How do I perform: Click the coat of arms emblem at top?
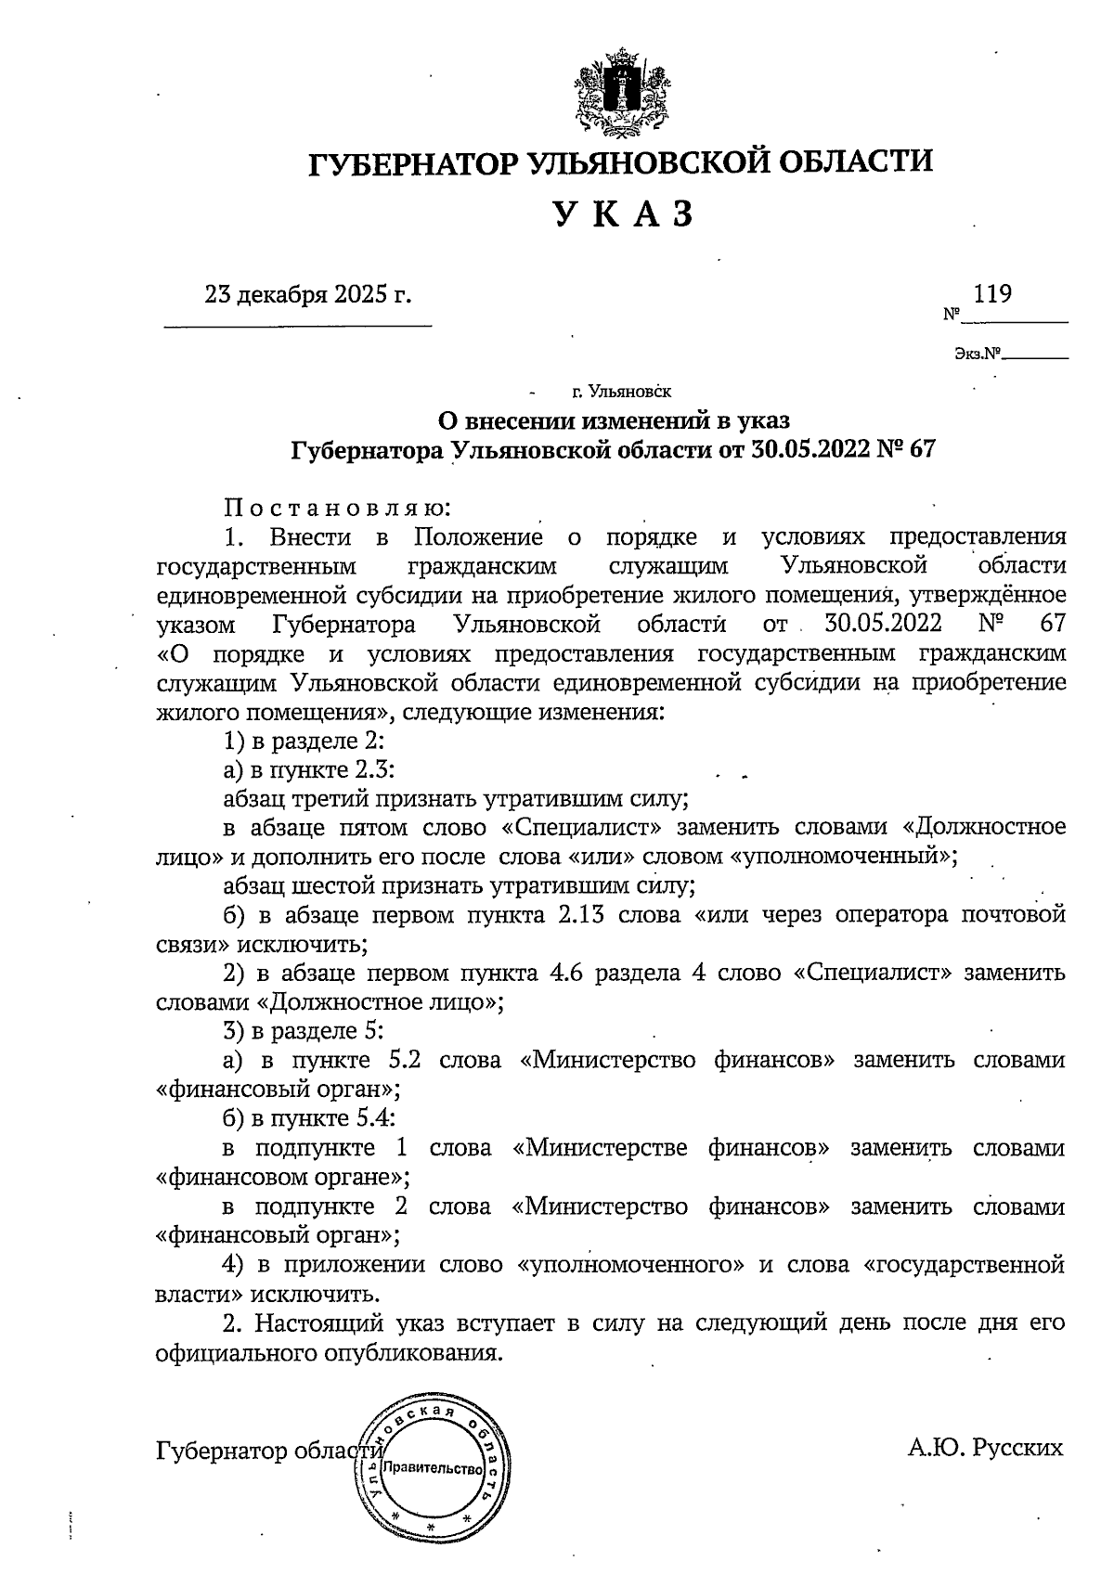click(x=619, y=94)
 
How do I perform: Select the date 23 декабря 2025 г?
click(x=307, y=295)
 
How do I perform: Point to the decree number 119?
click(x=992, y=294)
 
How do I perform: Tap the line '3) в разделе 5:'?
click(x=304, y=1031)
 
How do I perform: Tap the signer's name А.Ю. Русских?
click(x=985, y=1448)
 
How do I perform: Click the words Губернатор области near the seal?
click(x=269, y=1451)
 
